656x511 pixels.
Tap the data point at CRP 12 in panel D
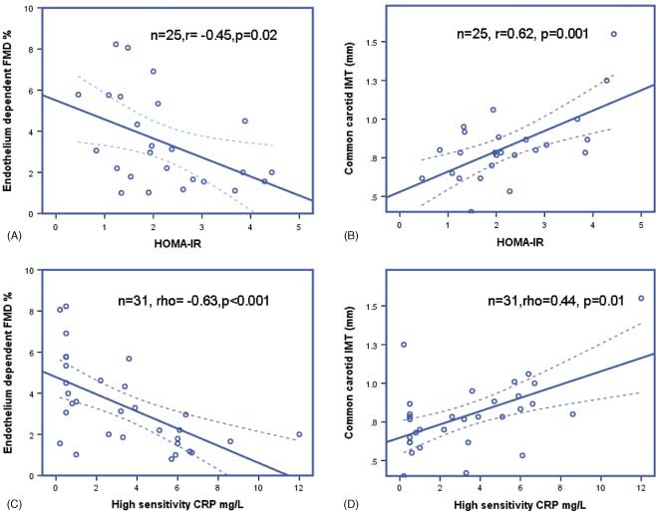click(641, 298)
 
